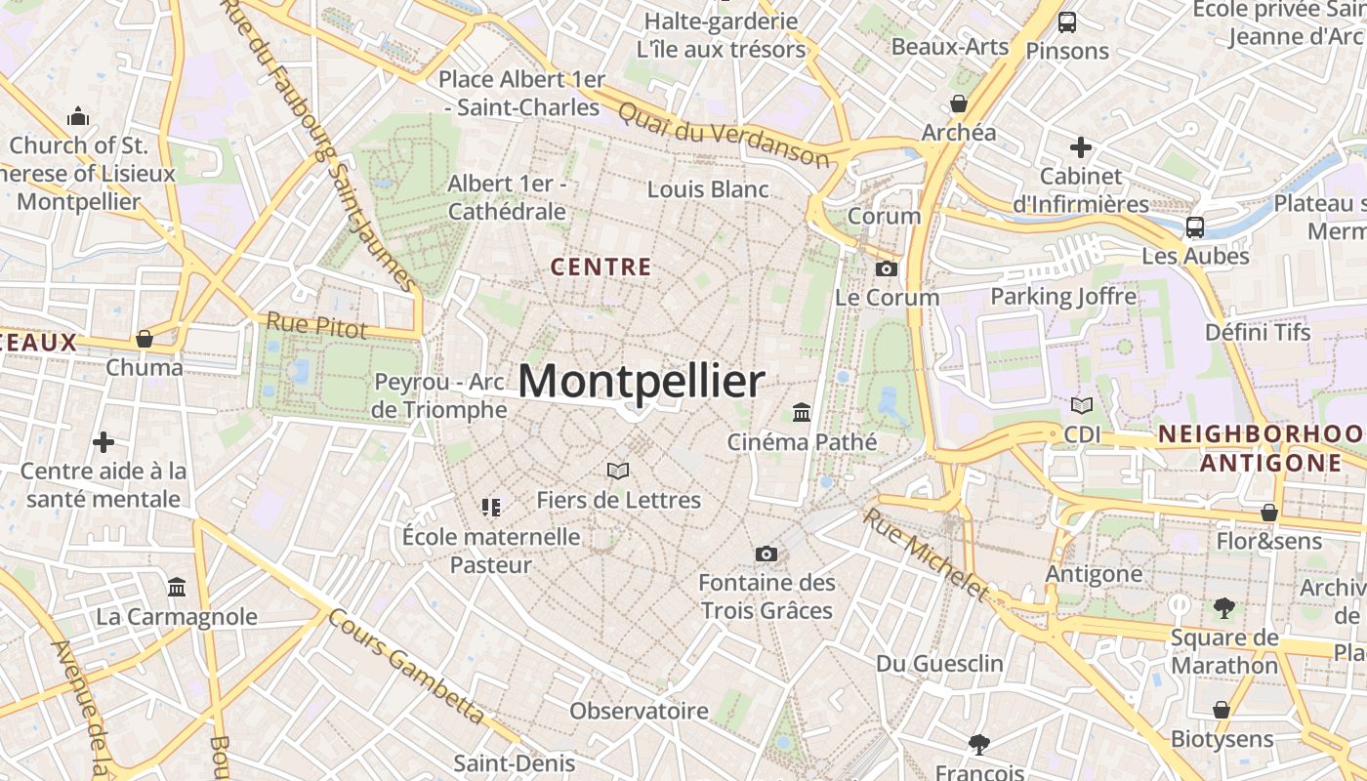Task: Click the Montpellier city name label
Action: (x=641, y=382)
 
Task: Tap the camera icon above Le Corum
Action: (x=887, y=268)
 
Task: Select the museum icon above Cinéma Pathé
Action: (x=802, y=412)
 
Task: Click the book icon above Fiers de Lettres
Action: (x=618, y=471)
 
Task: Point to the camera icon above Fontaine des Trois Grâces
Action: (x=766, y=555)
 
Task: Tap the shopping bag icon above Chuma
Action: (x=145, y=339)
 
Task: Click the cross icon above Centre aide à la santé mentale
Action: (x=104, y=442)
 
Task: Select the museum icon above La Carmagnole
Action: (x=177, y=588)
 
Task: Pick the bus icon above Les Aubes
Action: (x=1194, y=227)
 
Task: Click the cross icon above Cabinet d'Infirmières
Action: (x=1080, y=147)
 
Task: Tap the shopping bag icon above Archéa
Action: (x=959, y=103)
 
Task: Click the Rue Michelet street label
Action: (x=926, y=554)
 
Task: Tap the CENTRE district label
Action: (x=601, y=267)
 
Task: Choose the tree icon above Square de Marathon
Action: (x=1223, y=609)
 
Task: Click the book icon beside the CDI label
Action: (x=1082, y=405)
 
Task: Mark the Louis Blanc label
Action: (x=708, y=189)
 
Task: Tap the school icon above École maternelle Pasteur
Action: (x=491, y=507)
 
